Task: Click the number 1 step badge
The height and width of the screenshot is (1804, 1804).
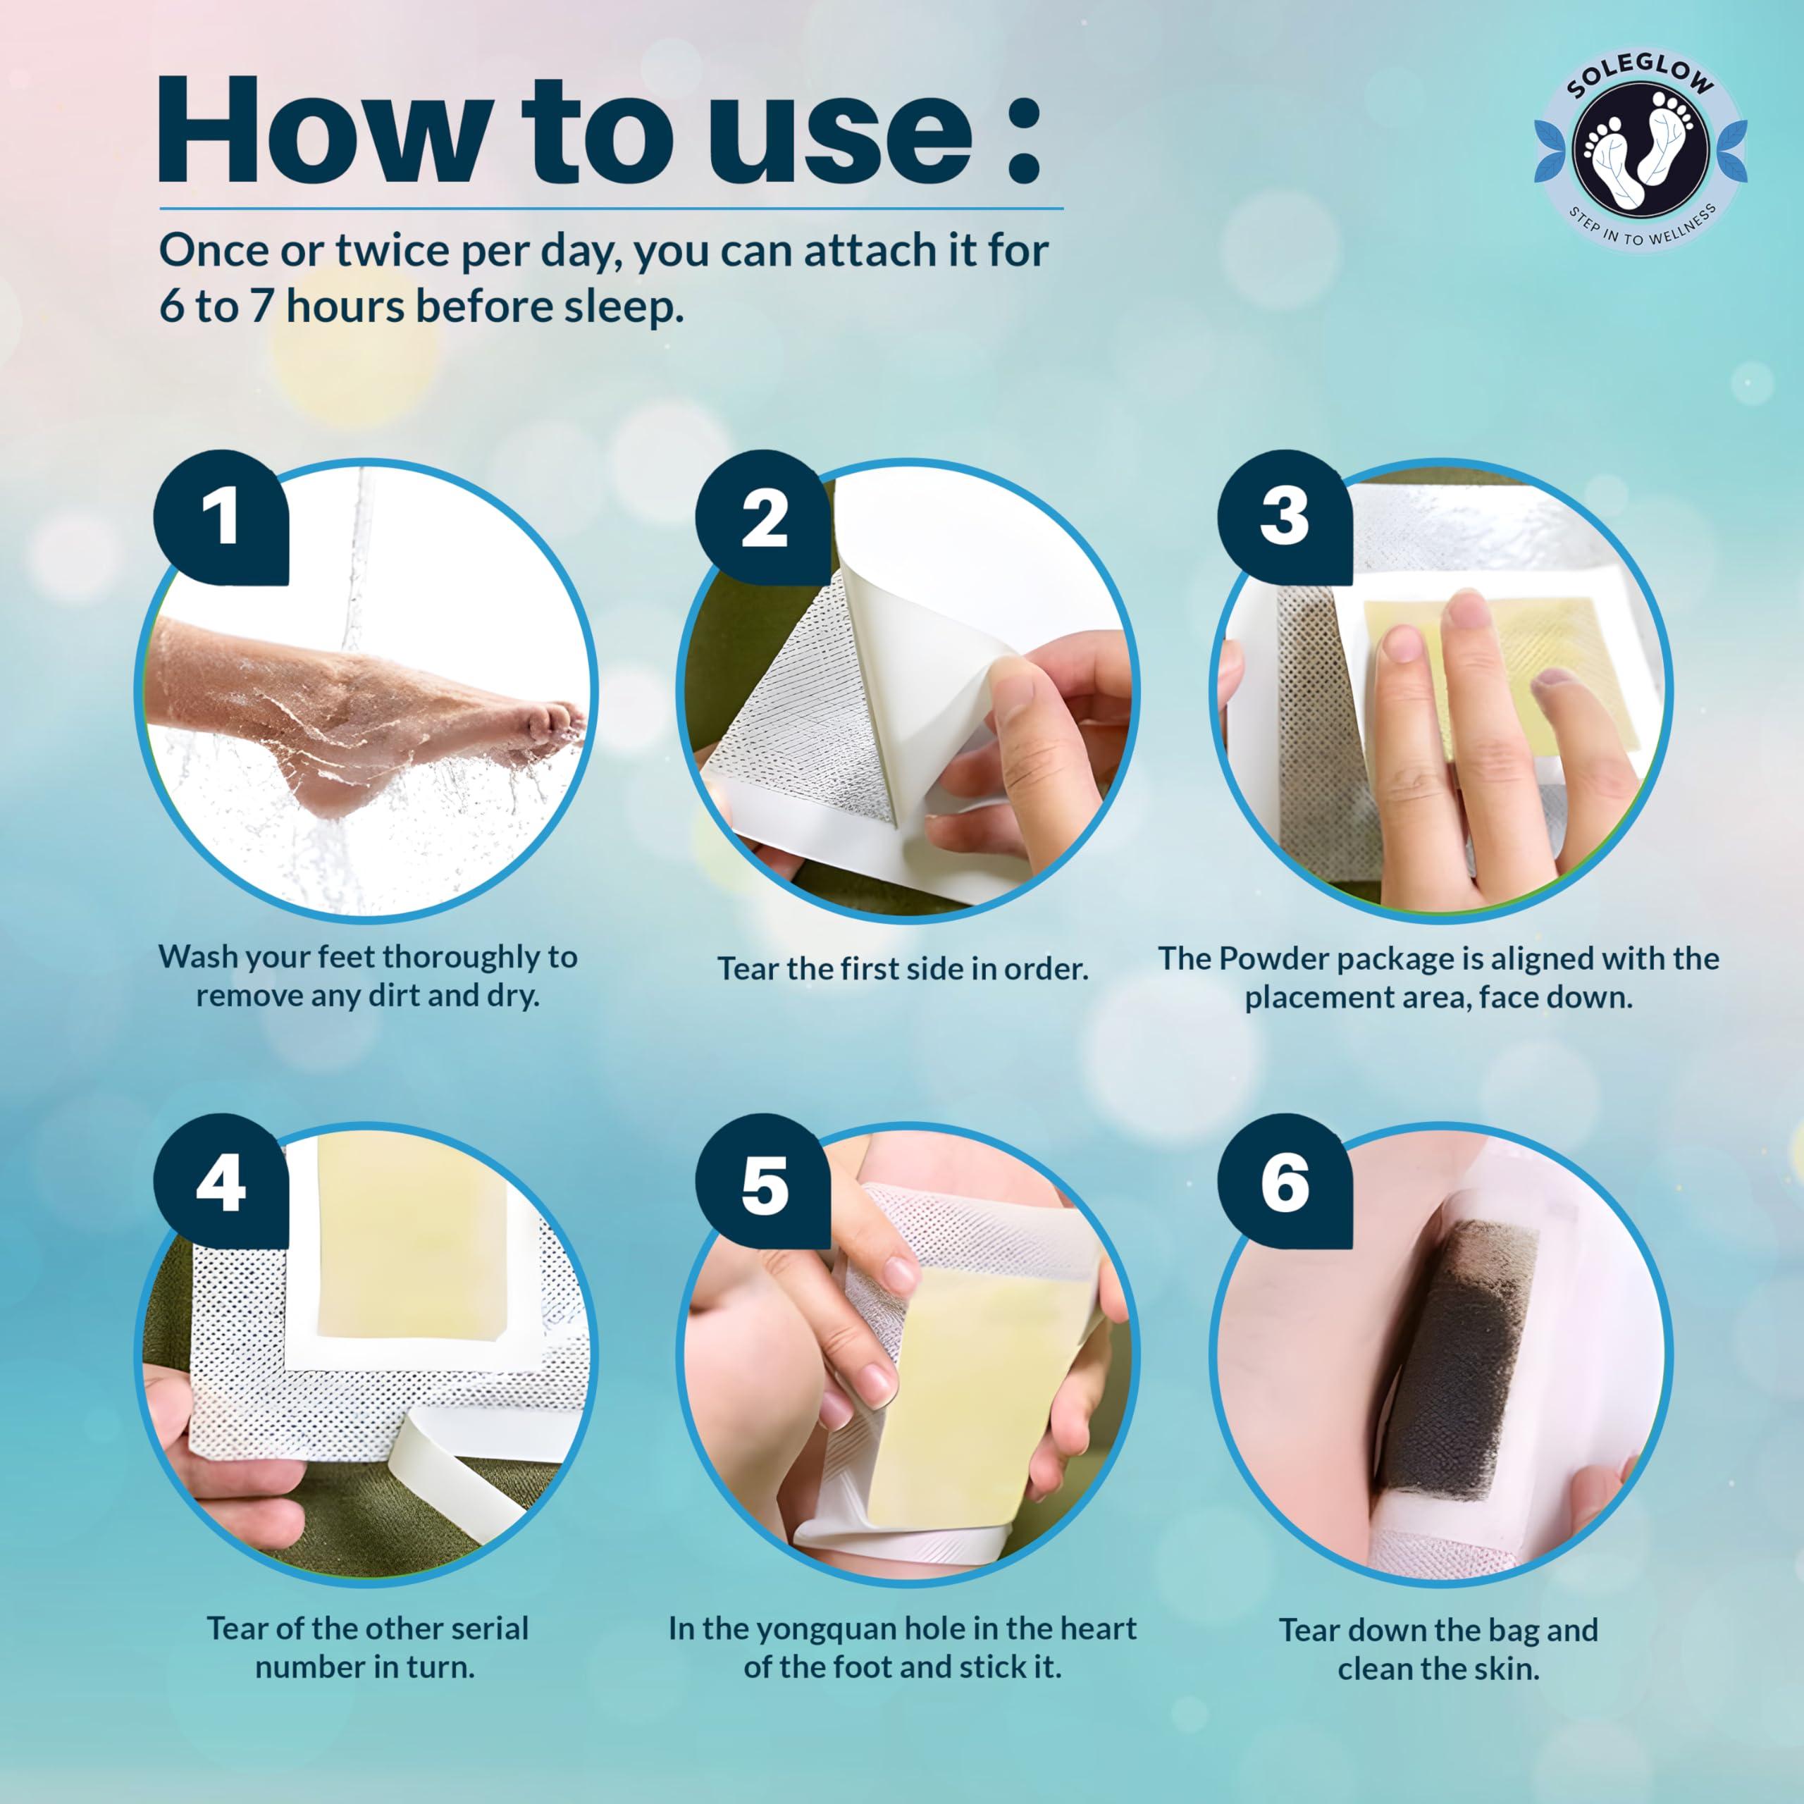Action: (x=221, y=518)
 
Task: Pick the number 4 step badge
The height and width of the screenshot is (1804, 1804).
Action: (x=221, y=1182)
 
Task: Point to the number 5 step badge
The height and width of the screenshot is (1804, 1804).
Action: (x=763, y=1184)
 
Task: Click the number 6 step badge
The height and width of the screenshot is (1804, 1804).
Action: (x=1285, y=1182)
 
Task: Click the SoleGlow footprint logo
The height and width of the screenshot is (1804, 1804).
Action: (x=1641, y=147)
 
